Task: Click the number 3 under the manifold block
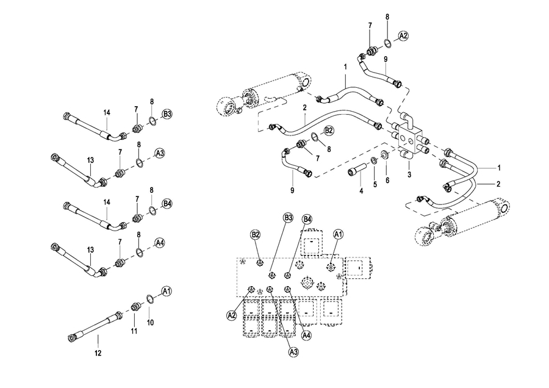pyautogui.click(x=409, y=174)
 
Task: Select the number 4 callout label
pyautogui.click(x=361, y=191)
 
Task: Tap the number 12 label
pyautogui.click(x=98, y=353)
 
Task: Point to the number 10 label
pyautogui.click(x=150, y=323)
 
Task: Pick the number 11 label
pyautogui.click(x=134, y=331)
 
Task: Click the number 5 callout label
pyautogui.click(x=375, y=184)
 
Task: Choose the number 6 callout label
pyautogui.click(x=387, y=180)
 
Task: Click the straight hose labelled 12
pyautogui.click(x=95, y=325)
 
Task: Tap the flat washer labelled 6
pyautogui.click(x=384, y=154)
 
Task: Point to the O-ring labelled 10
pyautogui.click(x=149, y=298)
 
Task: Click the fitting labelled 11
pyautogui.click(x=134, y=307)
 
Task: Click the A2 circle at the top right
pyautogui.click(x=403, y=35)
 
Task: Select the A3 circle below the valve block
pyautogui.click(x=294, y=351)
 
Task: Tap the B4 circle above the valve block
pyautogui.click(x=307, y=220)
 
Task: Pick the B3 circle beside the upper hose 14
pyautogui.click(x=167, y=114)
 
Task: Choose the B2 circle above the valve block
pyautogui.click(x=255, y=234)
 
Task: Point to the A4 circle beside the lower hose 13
pyautogui.click(x=160, y=243)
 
